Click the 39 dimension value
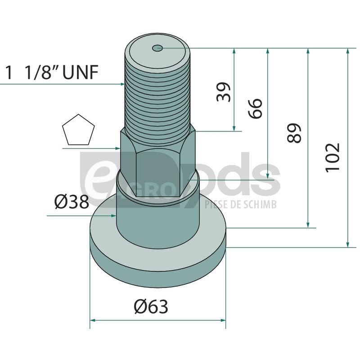tap(223, 92)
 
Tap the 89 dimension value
tap(294, 133)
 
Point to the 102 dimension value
tap(332, 157)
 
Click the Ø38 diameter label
tap(72, 202)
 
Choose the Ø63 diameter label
tap(151, 306)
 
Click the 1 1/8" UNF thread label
tap(52, 72)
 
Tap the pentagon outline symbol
tap(78, 130)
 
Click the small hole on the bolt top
tap(157, 48)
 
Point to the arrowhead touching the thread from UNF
tap(122, 84)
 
